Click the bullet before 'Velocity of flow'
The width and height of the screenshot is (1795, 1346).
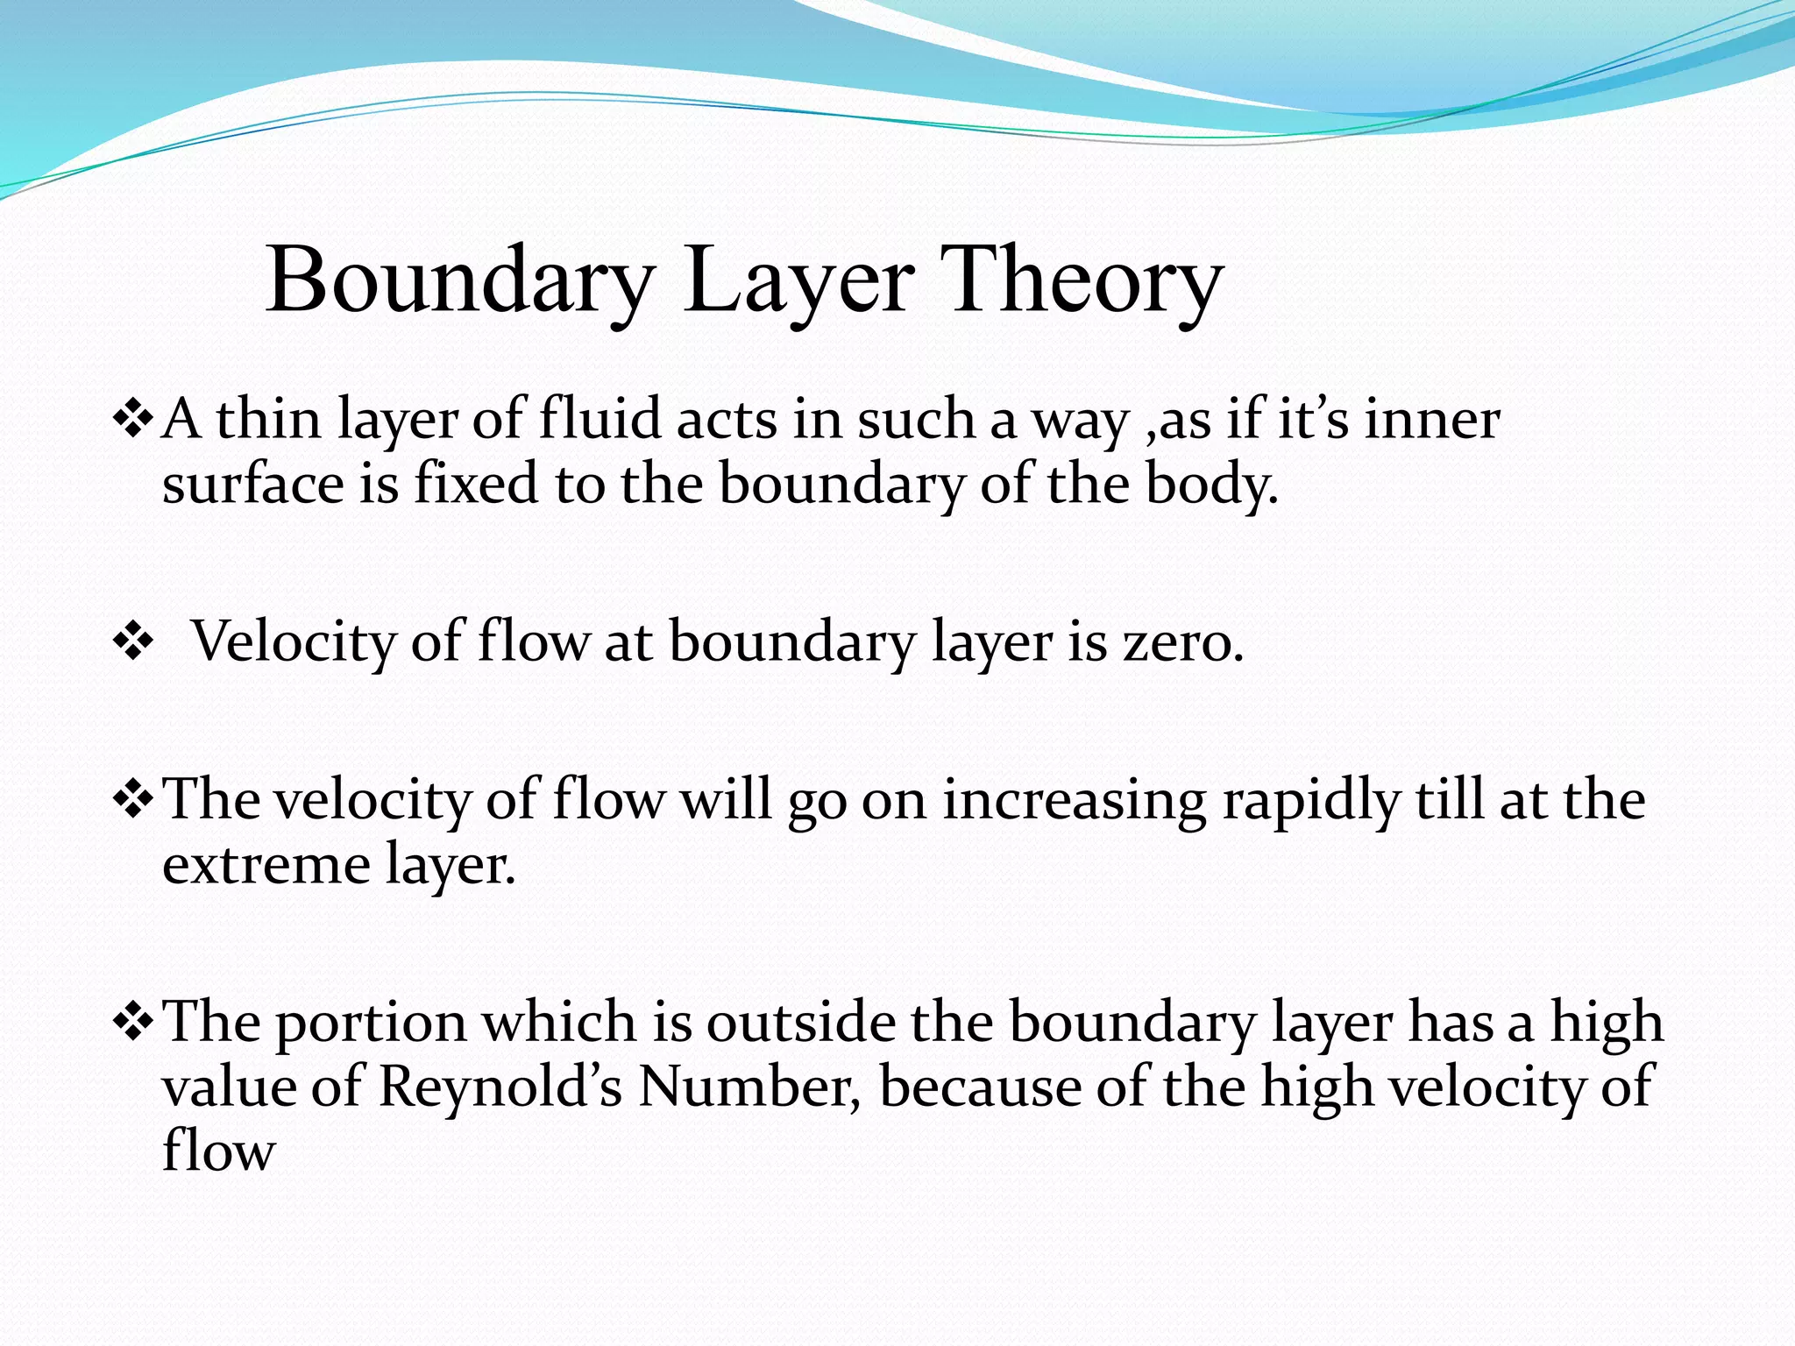click(133, 643)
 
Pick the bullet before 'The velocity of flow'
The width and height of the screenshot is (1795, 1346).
click(133, 801)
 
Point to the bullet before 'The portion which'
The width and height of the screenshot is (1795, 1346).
click(133, 1024)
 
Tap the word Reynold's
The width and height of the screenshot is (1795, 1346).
click(500, 1087)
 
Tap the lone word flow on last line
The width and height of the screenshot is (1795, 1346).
click(219, 1150)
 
